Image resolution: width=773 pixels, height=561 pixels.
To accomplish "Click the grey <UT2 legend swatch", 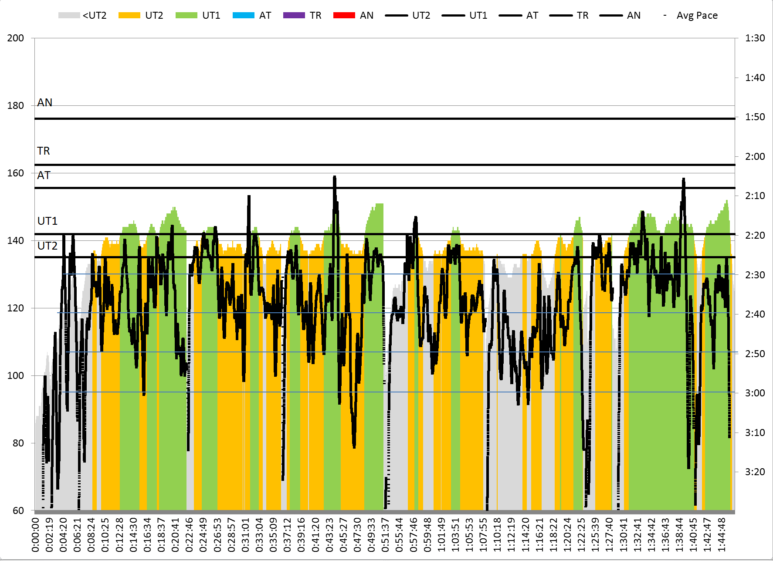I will tap(69, 16).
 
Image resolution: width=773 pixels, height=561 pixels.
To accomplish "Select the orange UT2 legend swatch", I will tap(129, 16).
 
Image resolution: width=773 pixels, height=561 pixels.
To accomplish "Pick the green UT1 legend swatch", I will tap(186, 16).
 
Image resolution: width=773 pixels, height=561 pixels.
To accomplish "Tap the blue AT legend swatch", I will tap(244, 16).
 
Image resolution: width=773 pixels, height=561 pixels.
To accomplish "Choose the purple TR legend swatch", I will tap(294, 16).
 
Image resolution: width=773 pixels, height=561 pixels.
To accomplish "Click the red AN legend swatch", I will tap(344, 16).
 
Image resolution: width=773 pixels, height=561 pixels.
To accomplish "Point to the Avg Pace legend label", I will tap(697, 16).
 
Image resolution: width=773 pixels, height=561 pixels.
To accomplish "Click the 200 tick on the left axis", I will tap(16, 38).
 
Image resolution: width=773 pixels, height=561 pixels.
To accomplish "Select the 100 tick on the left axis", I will tap(16, 375).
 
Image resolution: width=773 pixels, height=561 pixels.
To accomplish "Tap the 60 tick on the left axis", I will tap(18, 510).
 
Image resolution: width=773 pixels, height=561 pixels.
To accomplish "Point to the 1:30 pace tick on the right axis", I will tap(755, 38).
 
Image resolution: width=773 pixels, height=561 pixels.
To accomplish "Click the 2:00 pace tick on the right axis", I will tap(755, 156).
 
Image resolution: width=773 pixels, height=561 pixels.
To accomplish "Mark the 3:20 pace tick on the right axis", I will tap(755, 472).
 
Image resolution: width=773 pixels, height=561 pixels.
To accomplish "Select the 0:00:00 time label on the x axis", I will tap(35, 534).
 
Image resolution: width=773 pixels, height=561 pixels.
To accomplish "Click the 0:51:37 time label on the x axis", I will tap(385, 534).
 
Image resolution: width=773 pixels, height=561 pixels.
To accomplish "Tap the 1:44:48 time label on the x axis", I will tap(721, 534).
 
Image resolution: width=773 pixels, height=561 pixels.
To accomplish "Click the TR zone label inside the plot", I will tap(44, 151).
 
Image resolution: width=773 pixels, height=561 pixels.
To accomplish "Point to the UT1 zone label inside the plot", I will tap(47, 221).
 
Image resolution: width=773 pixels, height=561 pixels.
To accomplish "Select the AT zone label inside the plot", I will tap(44, 175).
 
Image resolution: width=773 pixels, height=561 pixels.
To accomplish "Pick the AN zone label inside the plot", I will tap(44, 102).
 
